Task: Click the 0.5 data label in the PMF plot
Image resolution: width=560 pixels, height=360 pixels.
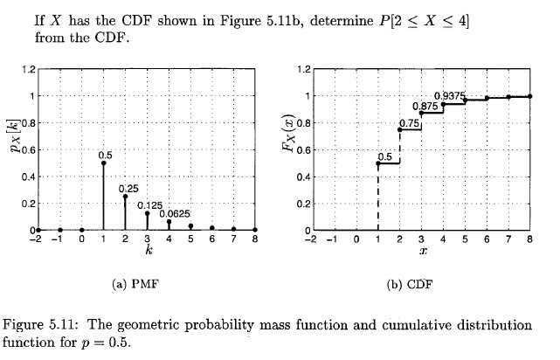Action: pyautogui.click(x=106, y=154)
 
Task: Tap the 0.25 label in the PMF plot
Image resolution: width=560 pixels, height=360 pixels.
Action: pyautogui.click(x=129, y=188)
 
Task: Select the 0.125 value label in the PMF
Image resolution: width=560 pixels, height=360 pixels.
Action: pyautogui.click(x=150, y=204)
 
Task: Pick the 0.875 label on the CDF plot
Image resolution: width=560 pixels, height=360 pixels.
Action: pyautogui.click(x=425, y=105)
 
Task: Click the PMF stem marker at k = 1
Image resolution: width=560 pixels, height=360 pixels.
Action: pyautogui.click(x=103, y=163)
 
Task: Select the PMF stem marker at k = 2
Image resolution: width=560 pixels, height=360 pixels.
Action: pyautogui.click(x=125, y=197)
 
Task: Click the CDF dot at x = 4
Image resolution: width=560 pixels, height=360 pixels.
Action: pyautogui.click(x=443, y=105)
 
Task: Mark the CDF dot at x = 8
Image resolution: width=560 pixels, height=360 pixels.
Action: pyautogui.click(x=530, y=96)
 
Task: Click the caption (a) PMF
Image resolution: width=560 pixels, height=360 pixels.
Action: pyautogui.click(x=146, y=285)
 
